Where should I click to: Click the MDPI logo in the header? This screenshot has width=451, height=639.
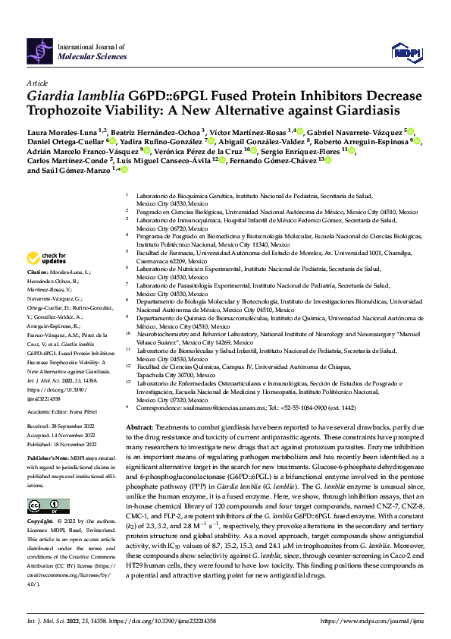coord(402,51)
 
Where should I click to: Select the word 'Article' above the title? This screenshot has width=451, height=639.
coord(36,82)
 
